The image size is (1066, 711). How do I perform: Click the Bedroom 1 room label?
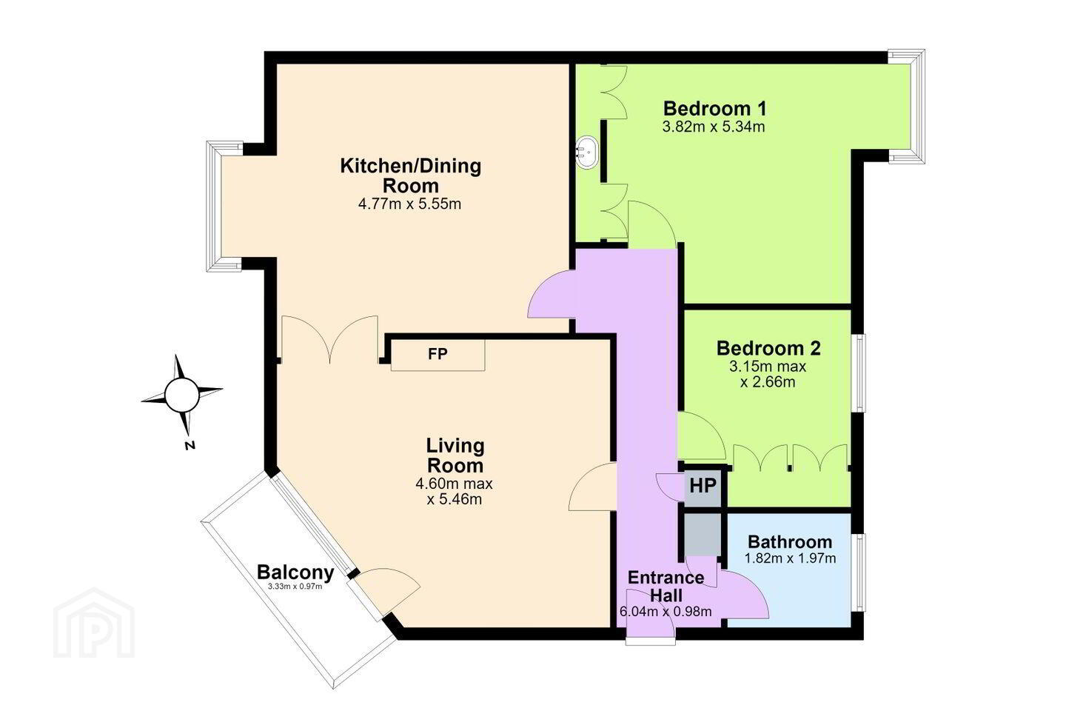coord(715,109)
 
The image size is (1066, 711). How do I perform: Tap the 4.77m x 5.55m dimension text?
coord(410,204)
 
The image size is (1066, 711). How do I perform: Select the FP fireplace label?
coord(438,354)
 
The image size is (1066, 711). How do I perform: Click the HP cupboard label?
coord(703,486)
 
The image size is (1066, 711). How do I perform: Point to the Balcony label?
coord(295,573)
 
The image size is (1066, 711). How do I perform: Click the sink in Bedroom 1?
coord(587,153)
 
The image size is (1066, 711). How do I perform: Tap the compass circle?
coord(181,395)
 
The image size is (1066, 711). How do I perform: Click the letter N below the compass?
coord(190,446)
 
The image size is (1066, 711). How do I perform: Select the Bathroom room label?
coord(790,542)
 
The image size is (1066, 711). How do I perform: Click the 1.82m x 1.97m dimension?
coord(790,558)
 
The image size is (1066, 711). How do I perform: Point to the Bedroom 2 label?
coord(768,348)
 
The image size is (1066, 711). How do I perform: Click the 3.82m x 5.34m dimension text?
coord(714,127)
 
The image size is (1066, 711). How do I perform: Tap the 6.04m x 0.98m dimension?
coord(666,612)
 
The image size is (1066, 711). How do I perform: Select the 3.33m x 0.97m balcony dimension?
coord(295,587)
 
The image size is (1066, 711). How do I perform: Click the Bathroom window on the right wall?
coord(859,573)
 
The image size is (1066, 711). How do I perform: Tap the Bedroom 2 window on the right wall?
coord(859,373)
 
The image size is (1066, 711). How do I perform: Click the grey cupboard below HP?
coord(703,534)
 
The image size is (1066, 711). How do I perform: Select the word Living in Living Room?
coord(455,446)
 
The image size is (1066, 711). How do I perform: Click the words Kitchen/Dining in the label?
coord(411,166)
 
